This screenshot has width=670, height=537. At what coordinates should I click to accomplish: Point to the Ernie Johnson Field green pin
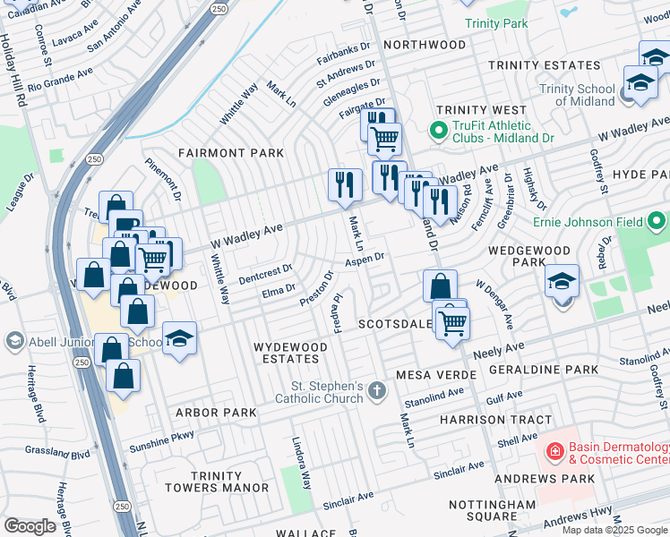(x=659, y=218)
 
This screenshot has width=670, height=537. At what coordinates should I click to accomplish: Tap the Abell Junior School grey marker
(x=14, y=341)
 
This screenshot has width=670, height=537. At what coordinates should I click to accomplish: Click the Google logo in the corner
(x=30, y=526)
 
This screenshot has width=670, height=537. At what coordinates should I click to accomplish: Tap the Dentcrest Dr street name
(x=262, y=268)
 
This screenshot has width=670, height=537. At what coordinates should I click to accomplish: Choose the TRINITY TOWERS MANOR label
(x=217, y=481)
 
